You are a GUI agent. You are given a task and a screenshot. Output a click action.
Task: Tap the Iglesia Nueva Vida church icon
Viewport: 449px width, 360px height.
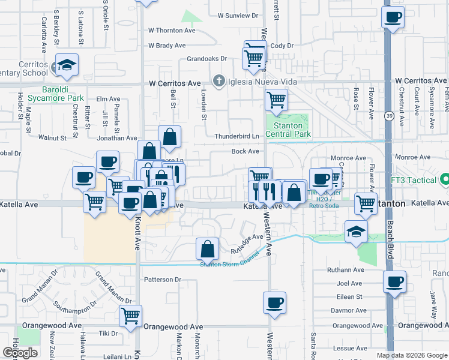(219, 80)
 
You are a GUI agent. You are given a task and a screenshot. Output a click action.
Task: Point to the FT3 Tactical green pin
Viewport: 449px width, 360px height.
(445, 179)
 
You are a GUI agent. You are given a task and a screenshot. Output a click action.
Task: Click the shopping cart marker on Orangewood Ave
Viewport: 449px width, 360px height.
(130, 315)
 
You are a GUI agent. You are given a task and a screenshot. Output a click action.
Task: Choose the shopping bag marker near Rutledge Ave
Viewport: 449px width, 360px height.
(207, 248)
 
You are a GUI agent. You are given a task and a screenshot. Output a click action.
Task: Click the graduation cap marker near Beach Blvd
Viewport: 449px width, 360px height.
(356, 232)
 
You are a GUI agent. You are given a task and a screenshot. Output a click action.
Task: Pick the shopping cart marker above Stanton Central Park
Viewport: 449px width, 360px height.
(276, 100)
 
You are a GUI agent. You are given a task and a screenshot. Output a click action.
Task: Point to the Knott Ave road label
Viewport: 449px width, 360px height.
(137, 235)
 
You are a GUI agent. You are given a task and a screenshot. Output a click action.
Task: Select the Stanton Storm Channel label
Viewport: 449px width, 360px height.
(230, 262)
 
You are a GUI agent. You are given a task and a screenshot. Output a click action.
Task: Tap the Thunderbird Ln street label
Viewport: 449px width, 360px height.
(237, 137)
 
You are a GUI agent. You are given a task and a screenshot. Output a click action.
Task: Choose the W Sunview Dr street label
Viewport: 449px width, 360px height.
(238, 16)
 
